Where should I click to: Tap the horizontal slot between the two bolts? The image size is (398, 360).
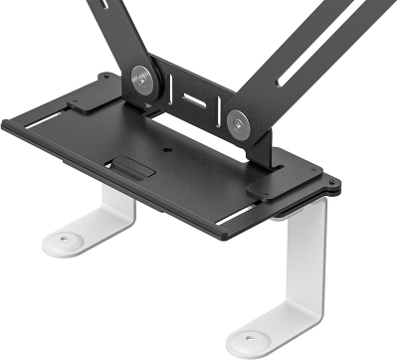(x=193, y=100)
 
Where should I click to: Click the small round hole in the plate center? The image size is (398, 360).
(x=165, y=152)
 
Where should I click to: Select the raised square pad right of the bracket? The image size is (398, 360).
(x=267, y=185)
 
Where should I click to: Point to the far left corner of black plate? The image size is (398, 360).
(x=5, y=122)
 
